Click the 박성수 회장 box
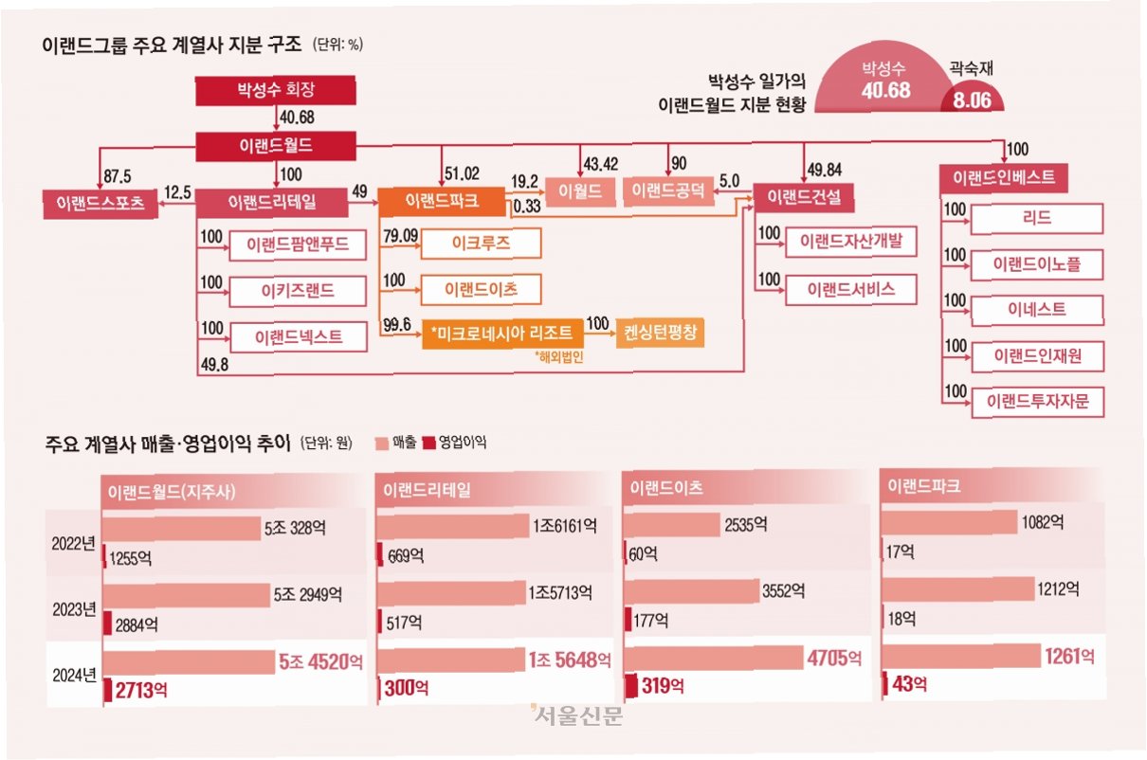[276, 91]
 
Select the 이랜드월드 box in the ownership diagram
[276, 146]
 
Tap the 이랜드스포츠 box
[100, 204]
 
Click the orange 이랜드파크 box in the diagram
[442, 201]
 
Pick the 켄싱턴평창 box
[660, 333]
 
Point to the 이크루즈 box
[481, 244]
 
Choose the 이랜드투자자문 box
[1037, 402]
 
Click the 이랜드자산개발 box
[851, 241]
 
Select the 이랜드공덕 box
[668, 191]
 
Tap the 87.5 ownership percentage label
[118, 176]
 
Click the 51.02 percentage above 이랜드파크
[462, 174]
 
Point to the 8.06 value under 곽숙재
[972, 100]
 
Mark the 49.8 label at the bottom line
[214, 365]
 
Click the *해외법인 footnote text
[559, 356]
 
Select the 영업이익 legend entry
[455, 443]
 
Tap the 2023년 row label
[74, 609]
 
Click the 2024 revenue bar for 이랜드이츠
[713, 658]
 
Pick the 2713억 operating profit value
[141, 691]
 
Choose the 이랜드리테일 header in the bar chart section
[427, 490]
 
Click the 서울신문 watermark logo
[576, 715]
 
